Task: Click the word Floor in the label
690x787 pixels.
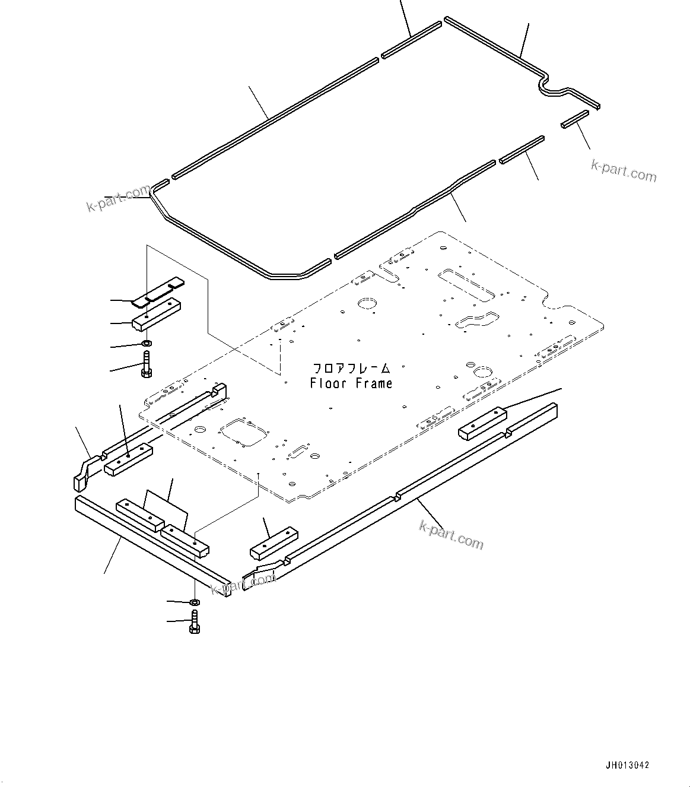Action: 327,383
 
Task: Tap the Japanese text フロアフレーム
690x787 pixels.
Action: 351,369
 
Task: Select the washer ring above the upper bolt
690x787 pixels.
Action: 147,343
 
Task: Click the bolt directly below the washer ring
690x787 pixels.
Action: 146,364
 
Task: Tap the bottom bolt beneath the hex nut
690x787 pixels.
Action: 194,623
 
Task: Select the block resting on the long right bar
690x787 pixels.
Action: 482,423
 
